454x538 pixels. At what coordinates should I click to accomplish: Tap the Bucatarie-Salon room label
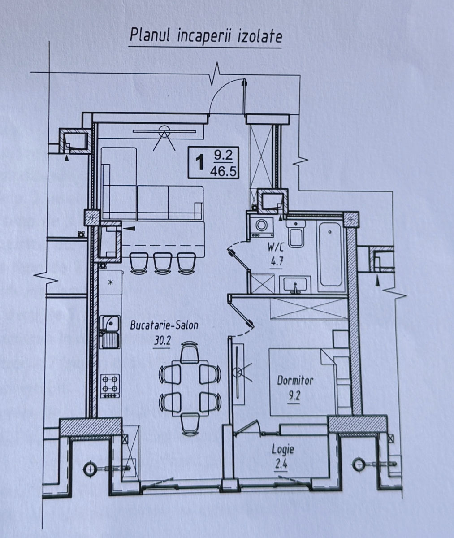point(164,325)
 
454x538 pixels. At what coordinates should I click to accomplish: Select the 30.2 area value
point(162,341)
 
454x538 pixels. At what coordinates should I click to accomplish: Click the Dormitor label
point(295,381)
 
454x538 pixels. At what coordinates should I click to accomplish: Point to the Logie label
point(283,450)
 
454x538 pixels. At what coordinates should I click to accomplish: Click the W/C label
point(276,248)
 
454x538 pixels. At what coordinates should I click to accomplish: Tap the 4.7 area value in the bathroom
point(277,263)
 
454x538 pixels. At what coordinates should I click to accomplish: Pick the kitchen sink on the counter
point(110,332)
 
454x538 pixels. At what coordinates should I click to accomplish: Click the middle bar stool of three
point(163,262)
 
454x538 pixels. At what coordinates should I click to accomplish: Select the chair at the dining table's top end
point(190,352)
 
